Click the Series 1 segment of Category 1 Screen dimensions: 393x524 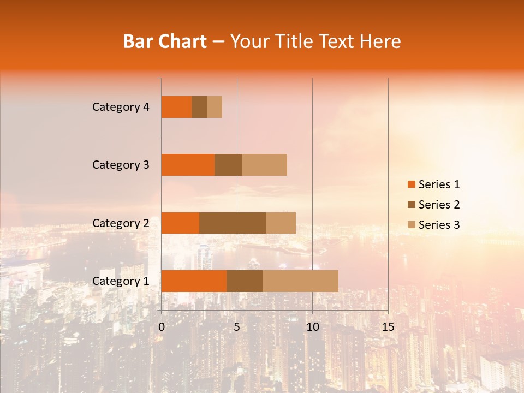pos(194,281)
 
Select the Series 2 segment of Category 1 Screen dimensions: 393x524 pos(245,281)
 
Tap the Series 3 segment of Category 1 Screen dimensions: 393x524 pos(300,281)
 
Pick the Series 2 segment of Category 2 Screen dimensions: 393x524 pos(233,223)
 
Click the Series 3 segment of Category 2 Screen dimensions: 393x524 pos(281,223)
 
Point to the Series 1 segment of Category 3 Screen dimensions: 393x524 pos(188,165)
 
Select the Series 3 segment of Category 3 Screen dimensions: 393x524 pos(264,165)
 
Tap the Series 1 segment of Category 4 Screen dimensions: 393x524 pos(176,107)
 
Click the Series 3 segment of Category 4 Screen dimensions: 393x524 pos(215,107)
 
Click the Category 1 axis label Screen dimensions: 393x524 pos(121,281)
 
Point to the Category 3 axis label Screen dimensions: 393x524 pos(121,165)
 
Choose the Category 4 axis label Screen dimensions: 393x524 pos(121,107)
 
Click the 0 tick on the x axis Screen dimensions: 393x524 pos(162,327)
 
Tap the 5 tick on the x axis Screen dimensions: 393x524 pos(237,327)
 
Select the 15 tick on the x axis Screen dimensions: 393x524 pos(388,327)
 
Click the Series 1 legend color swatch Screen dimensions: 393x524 pos(411,184)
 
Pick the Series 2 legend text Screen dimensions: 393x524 pos(439,205)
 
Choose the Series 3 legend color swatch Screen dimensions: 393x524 pos(411,225)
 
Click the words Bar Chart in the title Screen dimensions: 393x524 pos(165,41)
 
